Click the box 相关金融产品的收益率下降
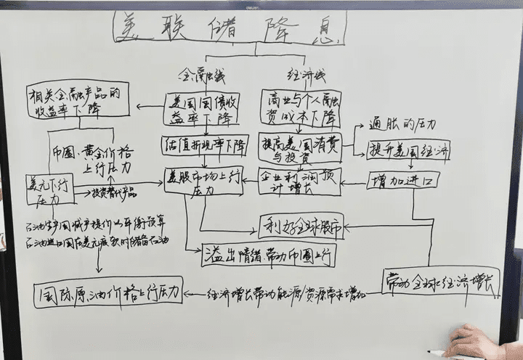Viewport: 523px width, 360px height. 78,100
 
